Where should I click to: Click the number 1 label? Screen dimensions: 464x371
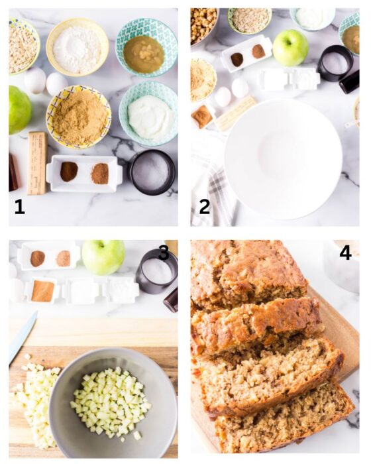point(19,207)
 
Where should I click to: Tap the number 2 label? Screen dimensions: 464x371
point(204,207)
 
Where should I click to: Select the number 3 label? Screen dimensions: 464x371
point(164,253)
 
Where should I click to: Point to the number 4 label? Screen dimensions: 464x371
point(344,253)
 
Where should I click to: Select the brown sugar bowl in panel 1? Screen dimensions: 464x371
point(78,117)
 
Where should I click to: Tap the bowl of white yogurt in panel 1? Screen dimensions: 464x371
point(149,114)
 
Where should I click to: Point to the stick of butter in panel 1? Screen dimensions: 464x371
point(36,162)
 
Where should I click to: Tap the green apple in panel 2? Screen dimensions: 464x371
point(290,48)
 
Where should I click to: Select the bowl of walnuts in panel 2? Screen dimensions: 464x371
point(203,25)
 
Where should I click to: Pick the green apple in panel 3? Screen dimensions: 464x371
point(103,257)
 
